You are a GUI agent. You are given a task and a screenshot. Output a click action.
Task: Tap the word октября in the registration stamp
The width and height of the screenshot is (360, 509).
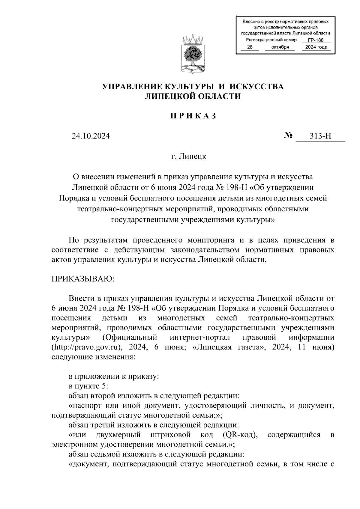click(x=280, y=47)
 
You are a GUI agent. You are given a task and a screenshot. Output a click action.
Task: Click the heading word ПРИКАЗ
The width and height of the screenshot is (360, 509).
click(x=193, y=116)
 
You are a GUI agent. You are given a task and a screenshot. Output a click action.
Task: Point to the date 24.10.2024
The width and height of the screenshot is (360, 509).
click(x=91, y=136)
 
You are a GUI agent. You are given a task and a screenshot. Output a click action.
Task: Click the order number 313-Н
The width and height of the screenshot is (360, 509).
click(x=320, y=136)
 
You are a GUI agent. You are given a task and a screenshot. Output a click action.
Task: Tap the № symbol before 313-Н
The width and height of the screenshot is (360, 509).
click(x=288, y=136)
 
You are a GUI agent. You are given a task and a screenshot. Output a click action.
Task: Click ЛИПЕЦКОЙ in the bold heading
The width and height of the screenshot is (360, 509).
click(x=166, y=96)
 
